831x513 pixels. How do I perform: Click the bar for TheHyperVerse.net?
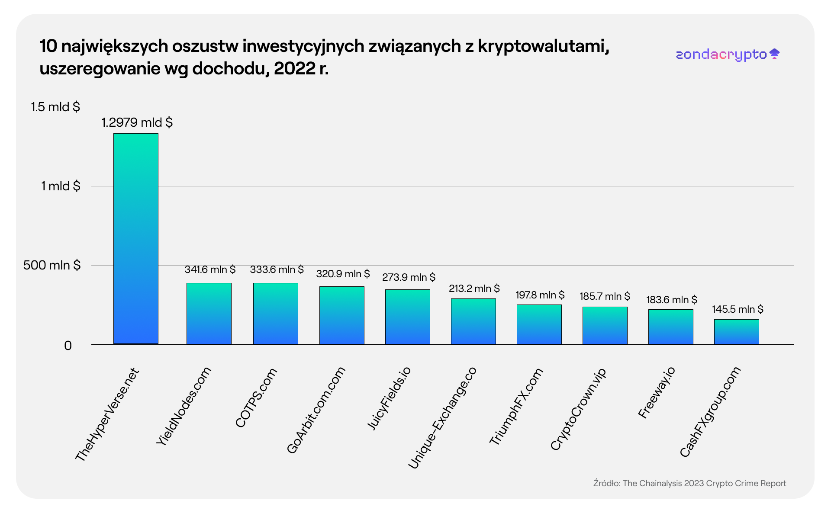pos(136,238)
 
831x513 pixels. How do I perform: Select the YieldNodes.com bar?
pos(209,314)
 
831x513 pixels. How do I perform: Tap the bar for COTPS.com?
pos(276,314)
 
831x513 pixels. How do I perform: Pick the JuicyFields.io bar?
pos(408,317)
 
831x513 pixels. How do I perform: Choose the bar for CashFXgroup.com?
pos(737,332)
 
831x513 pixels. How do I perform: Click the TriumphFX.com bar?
pos(539,324)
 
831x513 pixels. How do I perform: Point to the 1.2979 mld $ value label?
pos(137,122)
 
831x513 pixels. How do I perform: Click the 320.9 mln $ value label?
pos(343,274)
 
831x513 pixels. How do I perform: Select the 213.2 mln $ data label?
pos(474,289)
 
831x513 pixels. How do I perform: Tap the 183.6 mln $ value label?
pos(671,300)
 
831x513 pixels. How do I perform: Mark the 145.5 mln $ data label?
pos(738,309)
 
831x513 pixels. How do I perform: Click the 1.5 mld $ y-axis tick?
pos(55,107)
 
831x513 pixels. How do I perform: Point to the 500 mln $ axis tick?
pos(52,265)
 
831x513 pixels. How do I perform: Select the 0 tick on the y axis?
pos(68,346)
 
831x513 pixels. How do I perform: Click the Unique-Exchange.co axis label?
pos(442,417)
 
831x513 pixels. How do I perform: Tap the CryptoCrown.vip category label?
pos(578,409)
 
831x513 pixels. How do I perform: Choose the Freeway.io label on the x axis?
pos(657,392)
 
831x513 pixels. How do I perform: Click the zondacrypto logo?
pos(728,55)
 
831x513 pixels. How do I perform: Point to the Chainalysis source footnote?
pos(689,483)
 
